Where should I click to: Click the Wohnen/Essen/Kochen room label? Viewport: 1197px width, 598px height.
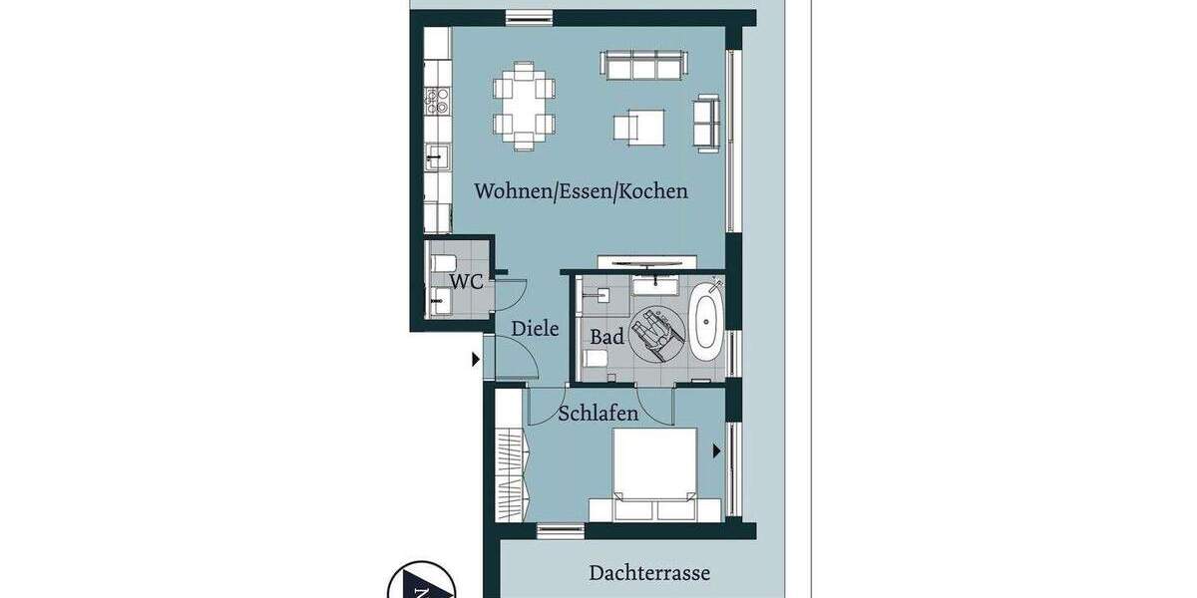[x=581, y=190]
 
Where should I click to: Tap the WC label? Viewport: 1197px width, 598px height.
[x=466, y=281]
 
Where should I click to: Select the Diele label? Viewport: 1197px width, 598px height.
[x=535, y=328]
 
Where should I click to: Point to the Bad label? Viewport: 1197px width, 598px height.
[x=606, y=337]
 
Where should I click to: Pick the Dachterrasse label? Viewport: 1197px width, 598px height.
[x=649, y=573]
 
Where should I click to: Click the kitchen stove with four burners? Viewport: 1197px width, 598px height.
[x=437, y=100]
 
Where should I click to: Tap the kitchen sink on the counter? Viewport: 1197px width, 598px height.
[x=437, y=157]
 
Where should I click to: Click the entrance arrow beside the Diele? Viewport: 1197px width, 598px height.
[x=476, y=359]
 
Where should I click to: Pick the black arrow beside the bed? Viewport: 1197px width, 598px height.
[x=715, y=450]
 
